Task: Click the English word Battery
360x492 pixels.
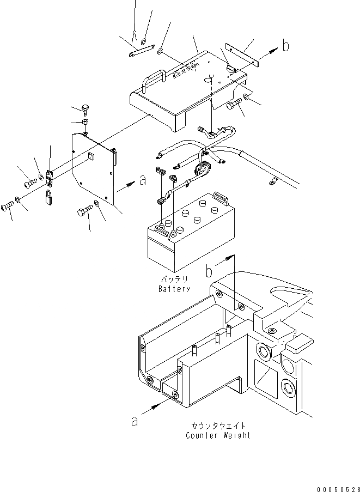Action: click(x=174, y=289)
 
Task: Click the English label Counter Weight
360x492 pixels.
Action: click(x=218, y=435)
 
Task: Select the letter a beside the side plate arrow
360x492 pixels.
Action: click(x=143, y=181)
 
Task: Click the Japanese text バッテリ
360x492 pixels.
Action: click(x=174, y=280)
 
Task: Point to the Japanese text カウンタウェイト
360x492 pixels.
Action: click(x=218, y=426)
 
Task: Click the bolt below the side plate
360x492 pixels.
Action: click(x=86, y=210)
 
